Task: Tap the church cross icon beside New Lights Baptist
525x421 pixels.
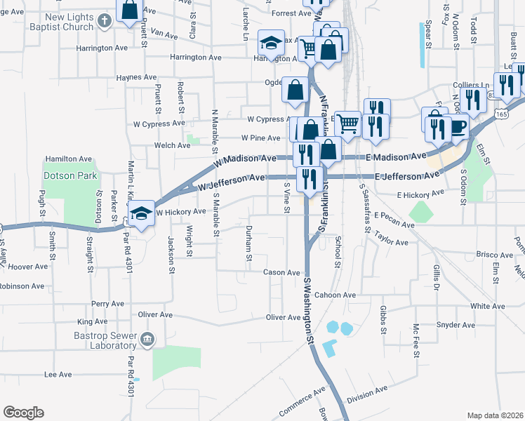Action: [x=104, y=20]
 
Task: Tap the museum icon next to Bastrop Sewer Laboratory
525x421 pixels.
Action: [x=147, y=340]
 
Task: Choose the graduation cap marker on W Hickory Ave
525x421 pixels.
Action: [x=141, y=213]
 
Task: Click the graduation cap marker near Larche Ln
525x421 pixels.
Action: [x=270, y=44]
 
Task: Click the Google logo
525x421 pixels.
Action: [x=23, y=413]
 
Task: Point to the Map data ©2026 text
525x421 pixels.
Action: [x=494, y=415]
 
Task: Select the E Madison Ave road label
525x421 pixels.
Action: [x=399, y=158]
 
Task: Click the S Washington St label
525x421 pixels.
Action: [x=308, y=309]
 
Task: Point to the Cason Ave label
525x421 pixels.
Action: [x=281, y=272]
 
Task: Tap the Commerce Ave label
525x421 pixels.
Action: [x=303, y=399]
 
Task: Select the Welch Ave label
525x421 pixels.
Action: [x=173, y=146]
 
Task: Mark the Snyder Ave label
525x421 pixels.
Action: [x=456, y=325]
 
